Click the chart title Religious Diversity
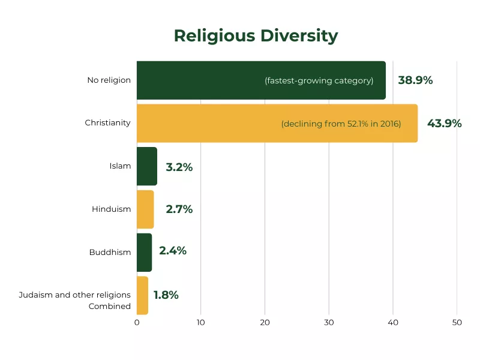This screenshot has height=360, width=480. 256,36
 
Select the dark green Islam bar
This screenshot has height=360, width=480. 147,166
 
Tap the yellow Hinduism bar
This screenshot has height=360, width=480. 145,209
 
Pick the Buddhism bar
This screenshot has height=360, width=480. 145,253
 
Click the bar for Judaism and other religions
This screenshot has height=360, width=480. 142,295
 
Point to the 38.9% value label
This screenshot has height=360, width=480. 415,80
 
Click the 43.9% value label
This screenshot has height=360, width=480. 444,124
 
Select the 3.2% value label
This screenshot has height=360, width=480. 179,167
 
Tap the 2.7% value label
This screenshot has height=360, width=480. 179,209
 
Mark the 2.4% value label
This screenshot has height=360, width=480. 173,251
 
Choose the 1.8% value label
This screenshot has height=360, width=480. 166,295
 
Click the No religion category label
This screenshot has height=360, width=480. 109,80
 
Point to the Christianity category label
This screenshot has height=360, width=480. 107,123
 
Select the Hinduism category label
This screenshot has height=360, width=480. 111,209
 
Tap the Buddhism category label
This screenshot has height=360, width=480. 110,253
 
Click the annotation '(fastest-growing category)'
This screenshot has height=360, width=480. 319,81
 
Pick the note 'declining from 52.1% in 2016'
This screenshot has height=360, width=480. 341,124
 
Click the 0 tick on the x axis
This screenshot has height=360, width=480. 137,323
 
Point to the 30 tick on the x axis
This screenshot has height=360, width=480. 329,323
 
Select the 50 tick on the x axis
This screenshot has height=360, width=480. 457,323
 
